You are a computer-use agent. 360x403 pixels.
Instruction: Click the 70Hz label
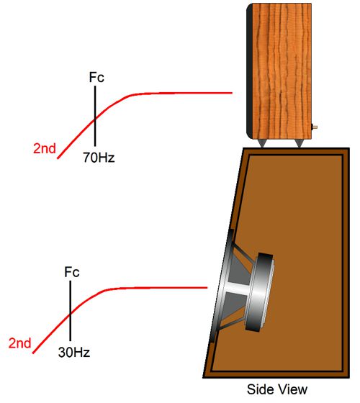(99, 158)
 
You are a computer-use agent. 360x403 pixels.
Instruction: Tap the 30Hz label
(74, 352)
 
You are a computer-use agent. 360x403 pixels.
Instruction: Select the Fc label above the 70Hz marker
(96, 77)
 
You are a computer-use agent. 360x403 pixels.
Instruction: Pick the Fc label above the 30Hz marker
(72, 272)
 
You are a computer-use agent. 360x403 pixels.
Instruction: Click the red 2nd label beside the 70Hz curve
(45, 148)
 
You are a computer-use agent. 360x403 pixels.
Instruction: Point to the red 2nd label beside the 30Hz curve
(20, 343)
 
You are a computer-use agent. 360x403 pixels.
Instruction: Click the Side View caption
(277, 389)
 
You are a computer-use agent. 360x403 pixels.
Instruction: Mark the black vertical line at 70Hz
(95, 116)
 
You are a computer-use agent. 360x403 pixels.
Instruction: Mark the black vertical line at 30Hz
(71, 311)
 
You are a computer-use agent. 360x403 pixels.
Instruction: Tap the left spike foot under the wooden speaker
(262, 143)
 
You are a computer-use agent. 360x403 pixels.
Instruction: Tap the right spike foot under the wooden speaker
(299, 143)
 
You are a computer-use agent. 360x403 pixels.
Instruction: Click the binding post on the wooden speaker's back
(314, 127)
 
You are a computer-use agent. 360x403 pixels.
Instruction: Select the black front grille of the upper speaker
(249, 71)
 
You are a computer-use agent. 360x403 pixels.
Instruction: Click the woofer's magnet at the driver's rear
(259, 292)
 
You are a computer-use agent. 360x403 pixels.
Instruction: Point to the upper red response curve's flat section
(180, 93)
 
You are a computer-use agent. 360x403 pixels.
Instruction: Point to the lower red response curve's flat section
(157, 288)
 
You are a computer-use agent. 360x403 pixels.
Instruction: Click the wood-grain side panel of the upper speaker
(282, 71)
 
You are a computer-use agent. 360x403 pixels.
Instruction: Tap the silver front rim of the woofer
(220, 285)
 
